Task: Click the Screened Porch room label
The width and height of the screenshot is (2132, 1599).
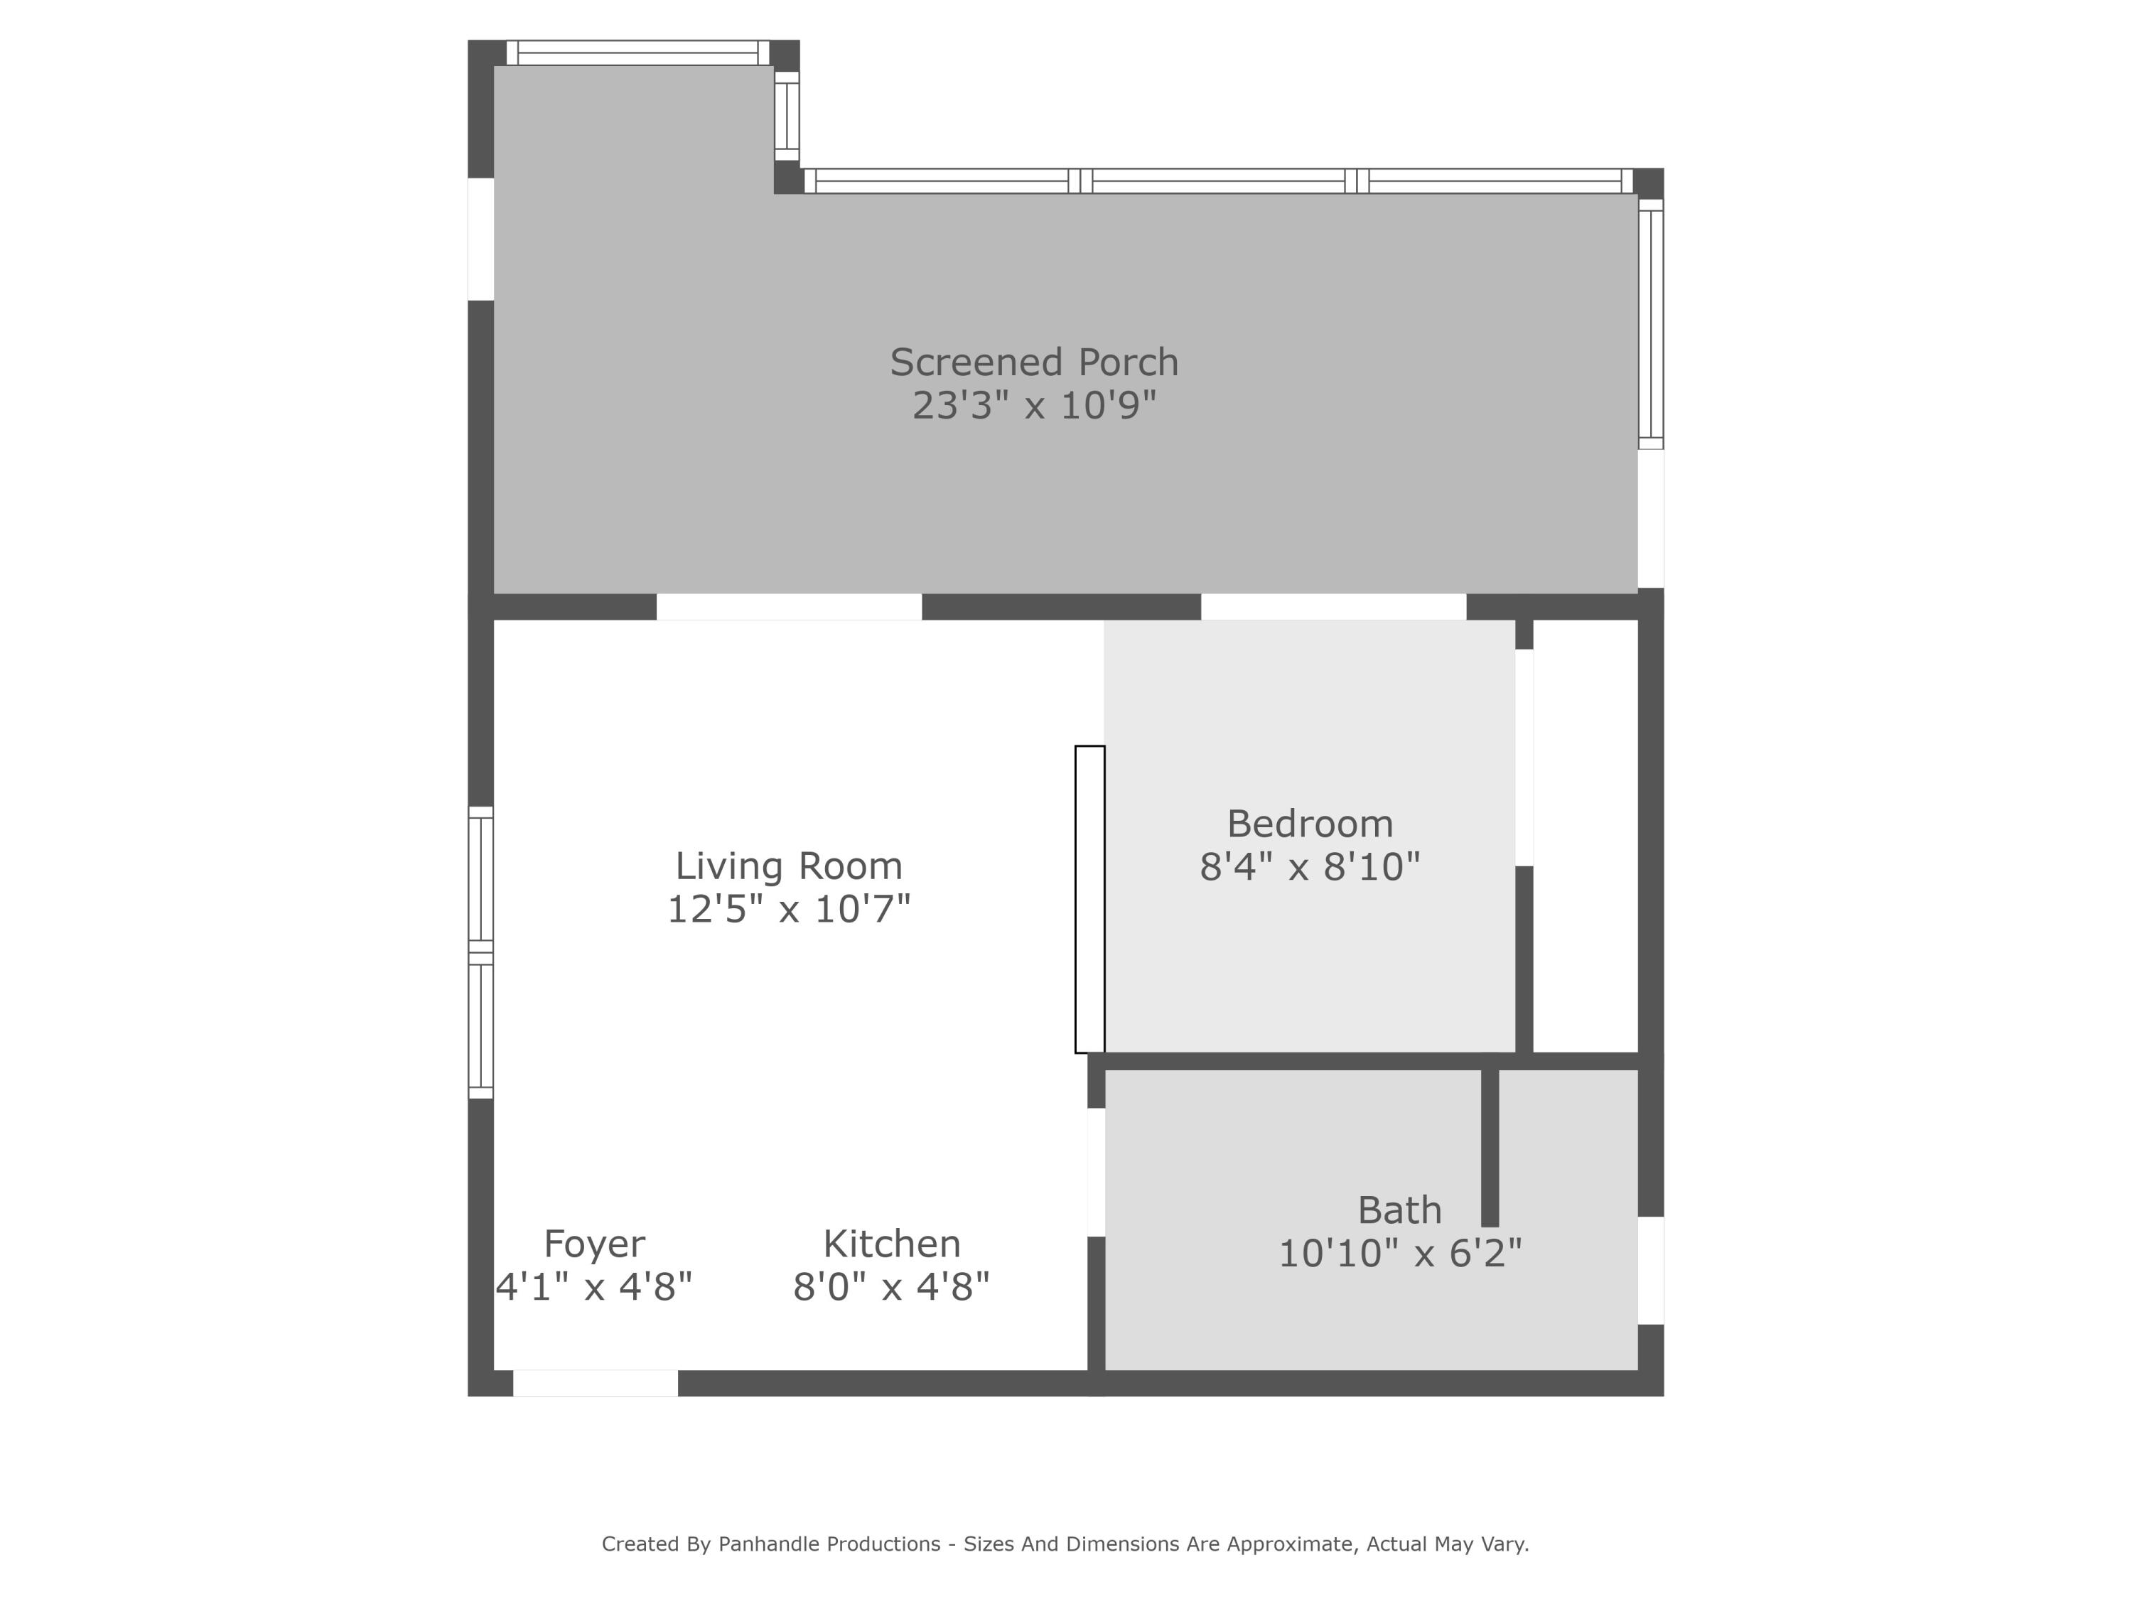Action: [x=1033, y=362]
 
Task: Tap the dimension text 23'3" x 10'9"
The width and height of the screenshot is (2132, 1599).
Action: [x=1033, y=406]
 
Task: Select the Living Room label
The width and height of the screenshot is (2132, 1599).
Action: [x=788, y=866]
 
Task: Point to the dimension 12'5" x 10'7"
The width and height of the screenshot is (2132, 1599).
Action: [x=788, y=909]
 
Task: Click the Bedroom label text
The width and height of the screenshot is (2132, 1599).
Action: [x=1310, y=824]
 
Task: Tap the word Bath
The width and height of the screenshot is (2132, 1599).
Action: [x=1399, y=1210]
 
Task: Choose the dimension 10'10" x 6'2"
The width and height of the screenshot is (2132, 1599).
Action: [x=1399, y=1253]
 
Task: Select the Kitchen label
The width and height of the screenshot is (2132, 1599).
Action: [x=892, y=1244]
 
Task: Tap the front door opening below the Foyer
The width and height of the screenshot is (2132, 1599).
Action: [x=595, y=1383]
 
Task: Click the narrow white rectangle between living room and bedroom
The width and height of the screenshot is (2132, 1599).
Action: [x=1090, y=899]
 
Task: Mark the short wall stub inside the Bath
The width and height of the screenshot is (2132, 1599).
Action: [x=1490, y=1148]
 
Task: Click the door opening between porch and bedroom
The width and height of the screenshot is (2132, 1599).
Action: [x=1333, y=607]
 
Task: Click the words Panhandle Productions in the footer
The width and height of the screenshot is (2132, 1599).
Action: [x=829, y=1544]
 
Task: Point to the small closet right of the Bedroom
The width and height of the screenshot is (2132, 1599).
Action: [x=1585, y=836]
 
